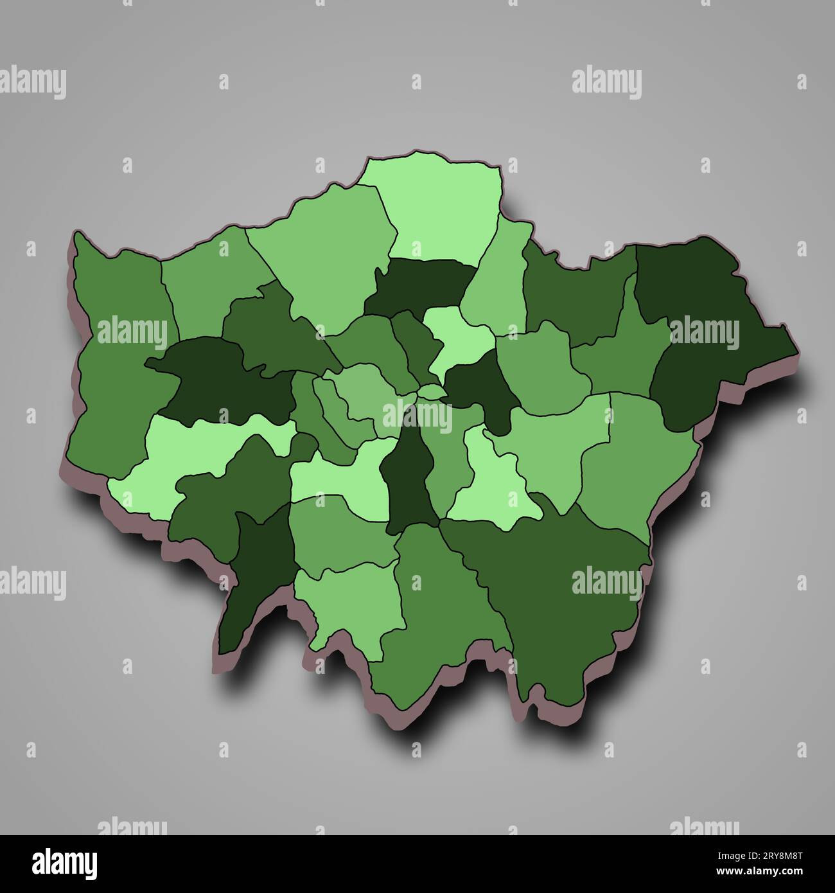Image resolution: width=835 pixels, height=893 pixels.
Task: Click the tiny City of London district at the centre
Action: (432, 391)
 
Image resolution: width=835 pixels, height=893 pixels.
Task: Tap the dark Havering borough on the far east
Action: (713, 334)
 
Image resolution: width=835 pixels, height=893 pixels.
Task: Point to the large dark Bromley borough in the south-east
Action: (559, 597)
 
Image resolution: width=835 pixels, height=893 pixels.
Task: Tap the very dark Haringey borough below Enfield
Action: (418, 283)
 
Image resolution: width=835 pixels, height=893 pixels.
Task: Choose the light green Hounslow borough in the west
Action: (193, 450)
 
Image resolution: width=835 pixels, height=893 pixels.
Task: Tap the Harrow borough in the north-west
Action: (206, 283)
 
